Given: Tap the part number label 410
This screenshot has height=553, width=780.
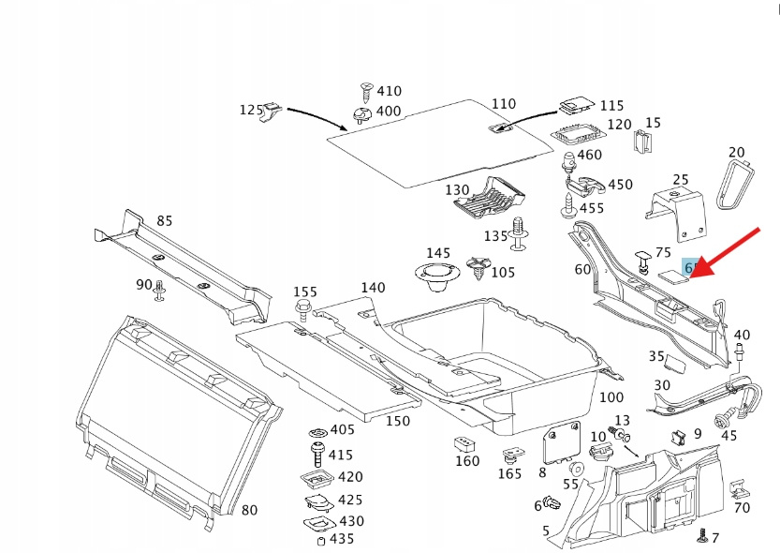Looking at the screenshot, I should (x=389, y=91).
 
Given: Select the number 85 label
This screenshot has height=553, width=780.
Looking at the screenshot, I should (x=165, y=221).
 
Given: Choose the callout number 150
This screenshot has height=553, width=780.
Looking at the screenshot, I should (x=398, y=421).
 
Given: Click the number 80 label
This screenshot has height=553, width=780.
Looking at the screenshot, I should (x=249, y=510).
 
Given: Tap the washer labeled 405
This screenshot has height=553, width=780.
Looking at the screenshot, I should (x=316, y=430).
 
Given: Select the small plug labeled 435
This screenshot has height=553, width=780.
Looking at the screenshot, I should (x=320, y=540).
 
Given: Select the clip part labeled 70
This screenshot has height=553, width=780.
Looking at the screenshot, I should (x=740, y=490).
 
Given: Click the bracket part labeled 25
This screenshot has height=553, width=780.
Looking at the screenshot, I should (x=677, y=209).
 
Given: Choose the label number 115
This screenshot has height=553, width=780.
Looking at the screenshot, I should (x=611, y=106).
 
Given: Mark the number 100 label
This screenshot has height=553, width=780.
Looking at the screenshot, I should (x=611, y=397).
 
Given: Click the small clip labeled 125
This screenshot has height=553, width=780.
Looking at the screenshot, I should (x=272, y=112).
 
